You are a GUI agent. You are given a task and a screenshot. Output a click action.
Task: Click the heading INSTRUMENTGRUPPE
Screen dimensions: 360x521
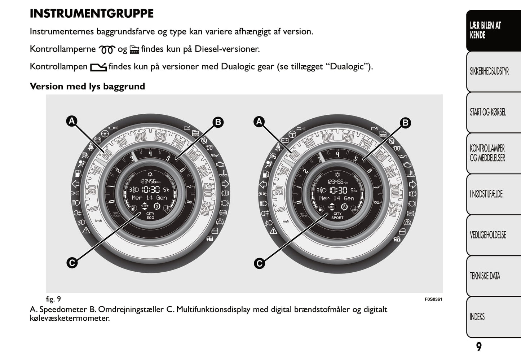(92, 14)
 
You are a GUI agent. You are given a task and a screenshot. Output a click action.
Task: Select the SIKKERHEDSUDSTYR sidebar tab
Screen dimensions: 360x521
(489, 71)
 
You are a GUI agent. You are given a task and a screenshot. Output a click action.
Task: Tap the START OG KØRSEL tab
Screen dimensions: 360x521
(487, 112)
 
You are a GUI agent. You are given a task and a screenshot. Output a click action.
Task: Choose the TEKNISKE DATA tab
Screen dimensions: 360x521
(485, 276)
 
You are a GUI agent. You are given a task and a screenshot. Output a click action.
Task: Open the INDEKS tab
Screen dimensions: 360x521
(477, 317)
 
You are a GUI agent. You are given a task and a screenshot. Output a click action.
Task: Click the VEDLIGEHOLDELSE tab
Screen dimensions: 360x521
(488, 235)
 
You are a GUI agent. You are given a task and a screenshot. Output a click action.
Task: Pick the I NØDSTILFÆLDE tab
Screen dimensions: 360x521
(486, 194)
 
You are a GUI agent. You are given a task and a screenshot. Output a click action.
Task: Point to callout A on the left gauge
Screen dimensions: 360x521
(72, 121)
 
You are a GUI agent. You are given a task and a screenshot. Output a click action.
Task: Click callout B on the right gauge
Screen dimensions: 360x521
(405, 123)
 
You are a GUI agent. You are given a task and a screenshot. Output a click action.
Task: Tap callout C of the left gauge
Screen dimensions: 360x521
(72, 263)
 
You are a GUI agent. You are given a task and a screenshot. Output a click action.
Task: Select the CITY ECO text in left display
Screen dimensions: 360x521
(150, 216)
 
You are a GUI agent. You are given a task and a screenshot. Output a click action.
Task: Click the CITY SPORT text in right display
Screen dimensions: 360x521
(337, 216)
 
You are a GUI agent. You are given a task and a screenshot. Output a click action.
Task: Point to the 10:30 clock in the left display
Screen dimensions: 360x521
(150, 190)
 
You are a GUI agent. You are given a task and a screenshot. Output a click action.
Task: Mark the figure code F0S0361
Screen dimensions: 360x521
(433, 299)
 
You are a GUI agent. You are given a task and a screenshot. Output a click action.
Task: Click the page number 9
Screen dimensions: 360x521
(478, 347)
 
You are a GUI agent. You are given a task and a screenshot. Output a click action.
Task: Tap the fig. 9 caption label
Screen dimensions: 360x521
(53, 299)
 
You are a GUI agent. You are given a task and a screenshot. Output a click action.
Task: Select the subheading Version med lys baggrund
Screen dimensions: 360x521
(87, 87)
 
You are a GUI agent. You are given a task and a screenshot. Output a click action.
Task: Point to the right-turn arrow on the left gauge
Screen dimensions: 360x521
(225, 184)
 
